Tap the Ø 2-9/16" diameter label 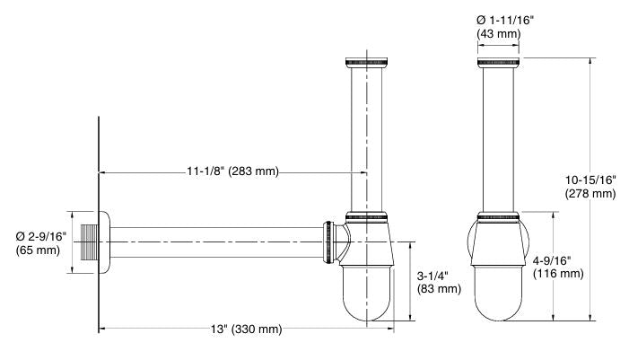(x=37, y=235)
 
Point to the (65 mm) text (x=37, y=250)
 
